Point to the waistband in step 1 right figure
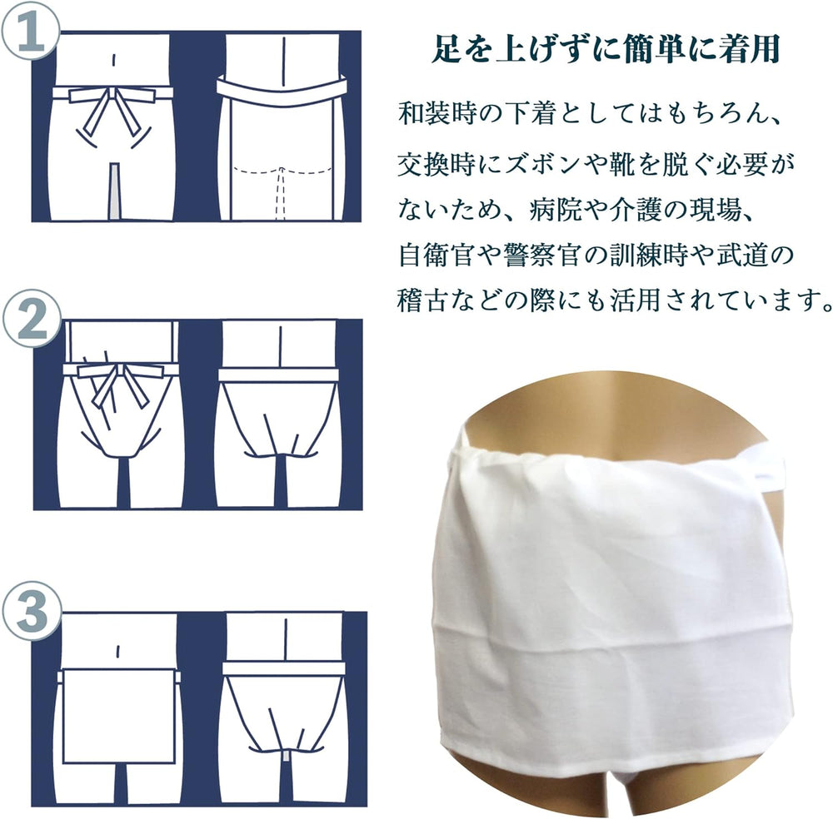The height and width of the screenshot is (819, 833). tap(282, 88)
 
